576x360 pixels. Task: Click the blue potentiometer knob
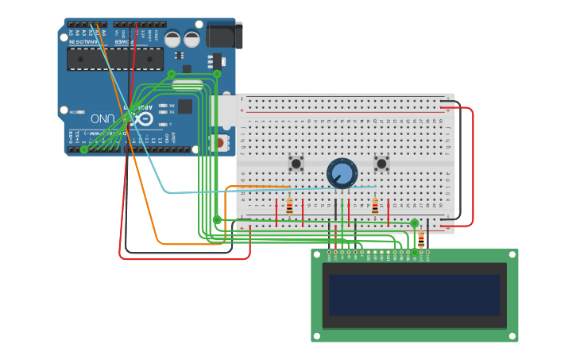tap(342, 173)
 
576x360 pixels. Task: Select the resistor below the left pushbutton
tap(289, 207)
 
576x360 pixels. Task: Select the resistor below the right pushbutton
tap(375, 207)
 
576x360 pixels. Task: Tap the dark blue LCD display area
tap(414, 295)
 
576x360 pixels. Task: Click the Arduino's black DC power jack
tap(223, 35)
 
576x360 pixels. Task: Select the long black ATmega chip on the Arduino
tap(115, 59)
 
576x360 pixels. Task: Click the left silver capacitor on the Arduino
tap(172, 39)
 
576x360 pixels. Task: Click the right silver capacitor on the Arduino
tap(192, 39)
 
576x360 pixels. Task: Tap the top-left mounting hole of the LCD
tap(316, 254)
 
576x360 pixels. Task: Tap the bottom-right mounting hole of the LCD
tap(512, 337)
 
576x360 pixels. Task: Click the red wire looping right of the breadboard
tap(472, 167)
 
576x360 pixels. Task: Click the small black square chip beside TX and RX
tap(184, 106)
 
